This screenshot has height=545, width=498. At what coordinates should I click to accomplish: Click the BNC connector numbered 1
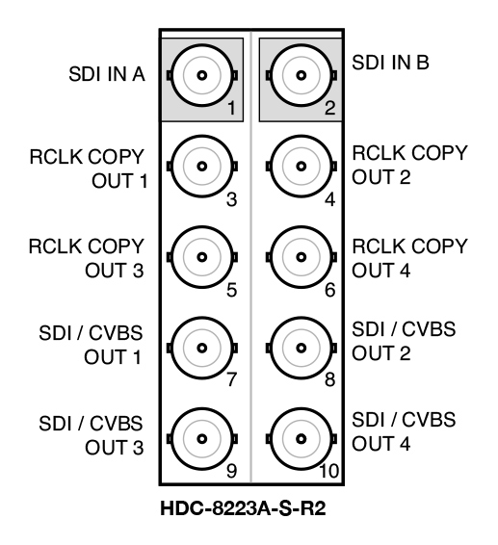coord(202,75)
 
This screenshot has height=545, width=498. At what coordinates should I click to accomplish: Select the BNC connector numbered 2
coord(301,75)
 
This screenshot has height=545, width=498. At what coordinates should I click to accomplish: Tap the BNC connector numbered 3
coord(202,167)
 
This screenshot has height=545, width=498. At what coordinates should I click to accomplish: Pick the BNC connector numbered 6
coord(301,257)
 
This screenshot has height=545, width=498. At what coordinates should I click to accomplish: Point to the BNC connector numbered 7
coord(202,348)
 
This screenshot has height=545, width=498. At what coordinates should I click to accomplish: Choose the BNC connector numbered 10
coord(301,439)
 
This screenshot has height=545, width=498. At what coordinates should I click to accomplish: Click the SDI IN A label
coord(107,74)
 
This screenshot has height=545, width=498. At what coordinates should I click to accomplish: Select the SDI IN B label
coord(390,63)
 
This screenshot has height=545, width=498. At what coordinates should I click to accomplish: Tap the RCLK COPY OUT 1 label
coord(89,169)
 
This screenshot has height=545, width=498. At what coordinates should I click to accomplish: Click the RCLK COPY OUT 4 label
coord(409,259)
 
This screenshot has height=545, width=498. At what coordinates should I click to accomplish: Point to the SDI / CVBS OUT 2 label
coord(404,341)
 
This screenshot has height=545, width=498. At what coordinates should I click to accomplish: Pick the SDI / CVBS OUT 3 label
coord(91,435)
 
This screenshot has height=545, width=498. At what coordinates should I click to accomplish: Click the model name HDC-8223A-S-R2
coord(243,508)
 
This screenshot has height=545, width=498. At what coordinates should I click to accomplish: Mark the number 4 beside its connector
coord(329,199)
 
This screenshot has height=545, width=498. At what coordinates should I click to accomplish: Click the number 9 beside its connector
coord(231,471)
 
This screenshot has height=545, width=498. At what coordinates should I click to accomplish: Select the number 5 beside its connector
coord(231,290)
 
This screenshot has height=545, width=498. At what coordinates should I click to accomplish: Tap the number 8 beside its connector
coord(329,379)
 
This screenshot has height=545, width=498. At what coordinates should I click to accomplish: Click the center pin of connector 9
coord(202,439)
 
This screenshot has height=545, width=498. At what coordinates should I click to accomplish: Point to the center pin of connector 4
coord(301,167)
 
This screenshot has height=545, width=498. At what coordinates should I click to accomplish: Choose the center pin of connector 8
coord(301,348)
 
